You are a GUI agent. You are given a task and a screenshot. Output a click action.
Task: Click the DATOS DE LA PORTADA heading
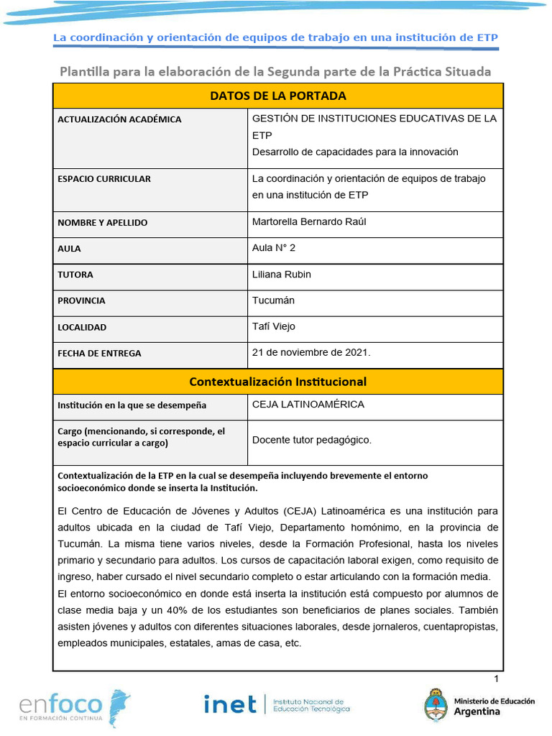277,96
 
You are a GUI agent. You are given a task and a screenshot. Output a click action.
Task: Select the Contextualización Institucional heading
277,382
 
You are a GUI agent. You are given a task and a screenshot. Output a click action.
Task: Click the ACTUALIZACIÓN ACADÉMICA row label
119,119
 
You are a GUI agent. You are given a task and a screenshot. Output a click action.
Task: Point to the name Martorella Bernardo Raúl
309,221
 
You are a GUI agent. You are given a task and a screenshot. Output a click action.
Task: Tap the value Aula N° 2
274,248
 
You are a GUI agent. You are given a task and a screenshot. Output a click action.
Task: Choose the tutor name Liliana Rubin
282,274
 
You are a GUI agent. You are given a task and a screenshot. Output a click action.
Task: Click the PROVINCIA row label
81,300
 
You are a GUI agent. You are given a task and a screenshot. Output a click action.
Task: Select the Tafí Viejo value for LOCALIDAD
274,326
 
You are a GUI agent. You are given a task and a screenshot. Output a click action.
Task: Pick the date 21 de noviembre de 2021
311,352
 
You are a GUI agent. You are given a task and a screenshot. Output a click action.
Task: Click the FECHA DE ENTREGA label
99,353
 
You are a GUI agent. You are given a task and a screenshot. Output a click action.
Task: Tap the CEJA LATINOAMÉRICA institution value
308,404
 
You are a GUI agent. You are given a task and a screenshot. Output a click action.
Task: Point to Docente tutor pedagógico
312,440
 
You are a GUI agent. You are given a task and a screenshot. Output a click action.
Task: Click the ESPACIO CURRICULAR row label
104,179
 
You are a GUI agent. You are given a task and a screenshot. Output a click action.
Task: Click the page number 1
496,679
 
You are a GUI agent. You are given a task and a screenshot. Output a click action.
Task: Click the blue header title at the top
276,37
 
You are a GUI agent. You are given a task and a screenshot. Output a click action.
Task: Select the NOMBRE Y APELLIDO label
102,222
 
